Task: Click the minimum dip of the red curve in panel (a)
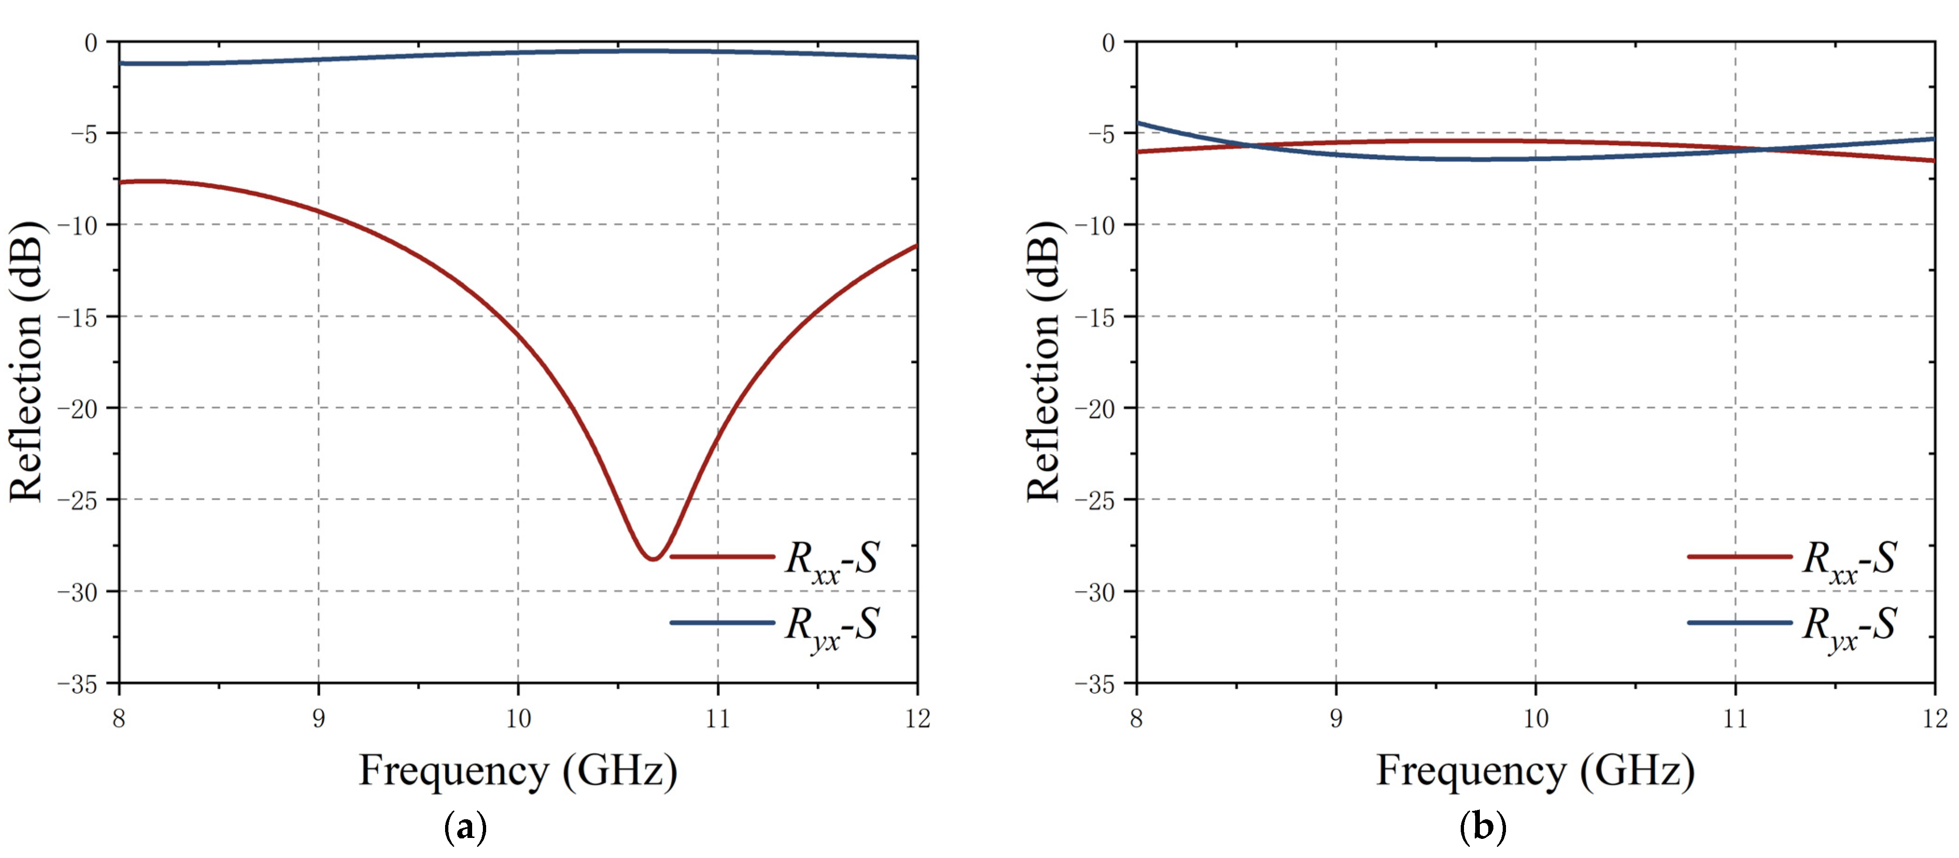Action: click(653, 559)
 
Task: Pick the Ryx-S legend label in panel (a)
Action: click(832, 626)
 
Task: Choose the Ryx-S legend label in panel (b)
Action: click(1849, 626)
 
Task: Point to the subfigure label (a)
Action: click(465, 827)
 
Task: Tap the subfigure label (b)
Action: click(1482, 827)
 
